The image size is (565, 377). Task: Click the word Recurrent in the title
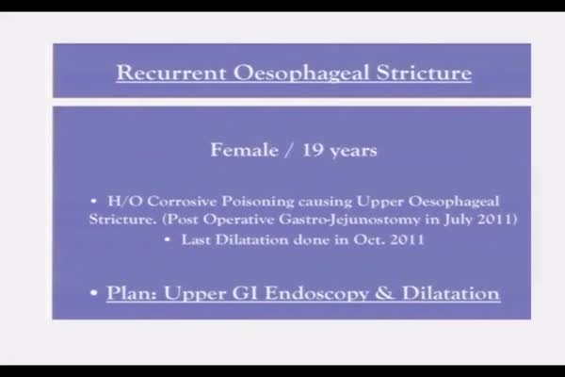point(171,73)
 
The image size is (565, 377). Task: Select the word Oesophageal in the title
point(301,74)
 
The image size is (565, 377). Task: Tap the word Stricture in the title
point(424,73)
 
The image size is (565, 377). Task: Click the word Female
point(245,150)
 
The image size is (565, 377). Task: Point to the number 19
point(313,150)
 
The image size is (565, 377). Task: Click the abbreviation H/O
point(125,201)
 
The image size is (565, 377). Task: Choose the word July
point(458,220)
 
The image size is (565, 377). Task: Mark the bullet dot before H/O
point(93,201)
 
